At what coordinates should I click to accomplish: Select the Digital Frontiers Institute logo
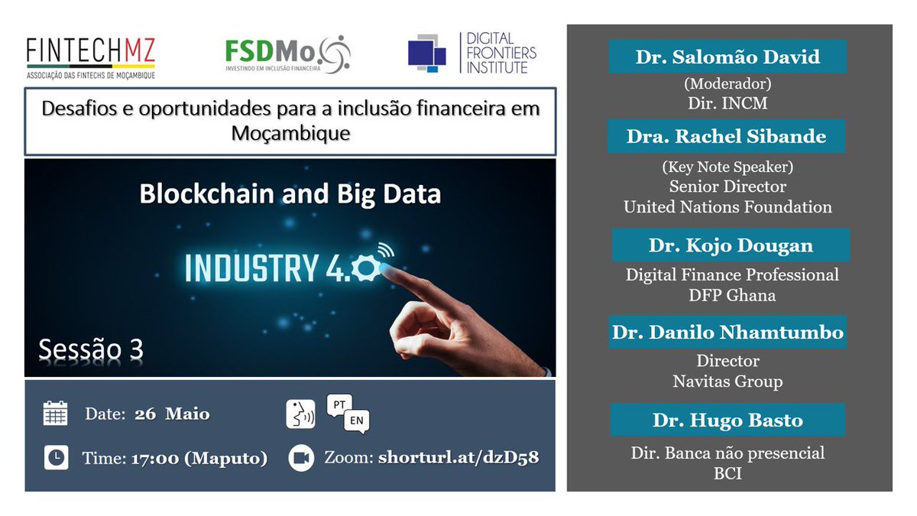click(471, 54)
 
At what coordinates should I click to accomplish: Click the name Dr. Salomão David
click(727, 57)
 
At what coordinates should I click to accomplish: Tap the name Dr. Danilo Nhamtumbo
click(727, 333)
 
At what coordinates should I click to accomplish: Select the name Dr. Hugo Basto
click(727, 420)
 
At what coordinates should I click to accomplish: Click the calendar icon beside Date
click(55, 413)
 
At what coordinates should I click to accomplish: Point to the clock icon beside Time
click(55, 457)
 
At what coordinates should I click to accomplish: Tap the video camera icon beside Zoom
click(301, 458)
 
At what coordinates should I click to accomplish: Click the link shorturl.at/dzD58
click(458, 458)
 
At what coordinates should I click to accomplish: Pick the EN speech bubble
click(356, 421)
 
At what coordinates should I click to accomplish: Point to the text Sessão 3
click(91, 349)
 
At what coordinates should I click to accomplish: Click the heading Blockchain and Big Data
click(290, 193)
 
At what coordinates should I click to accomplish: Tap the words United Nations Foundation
click(727, 206)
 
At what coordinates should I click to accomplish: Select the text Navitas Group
click(727, 381)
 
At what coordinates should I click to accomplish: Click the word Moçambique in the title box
click(290, 134)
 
